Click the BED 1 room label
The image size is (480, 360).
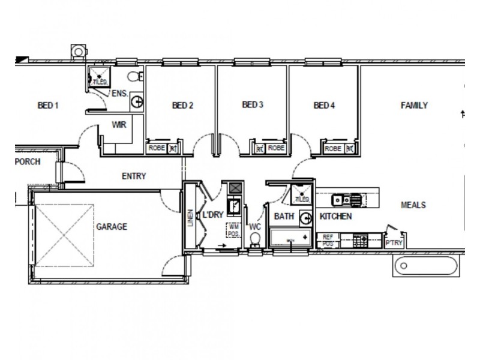point(47,106)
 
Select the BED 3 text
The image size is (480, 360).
point(253,105)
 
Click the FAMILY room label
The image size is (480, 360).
point(414,106)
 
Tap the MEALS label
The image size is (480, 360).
point(413,205)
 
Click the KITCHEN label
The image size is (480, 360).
point(335,216)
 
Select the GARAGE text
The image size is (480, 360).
point(111,227)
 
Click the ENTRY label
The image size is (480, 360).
point(134,176)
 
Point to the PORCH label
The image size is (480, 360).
point(28,161)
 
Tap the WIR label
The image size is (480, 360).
point(118,125)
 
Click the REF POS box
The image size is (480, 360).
point(328,240)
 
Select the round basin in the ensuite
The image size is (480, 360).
point(137,102)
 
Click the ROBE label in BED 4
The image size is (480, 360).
point(333,148)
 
